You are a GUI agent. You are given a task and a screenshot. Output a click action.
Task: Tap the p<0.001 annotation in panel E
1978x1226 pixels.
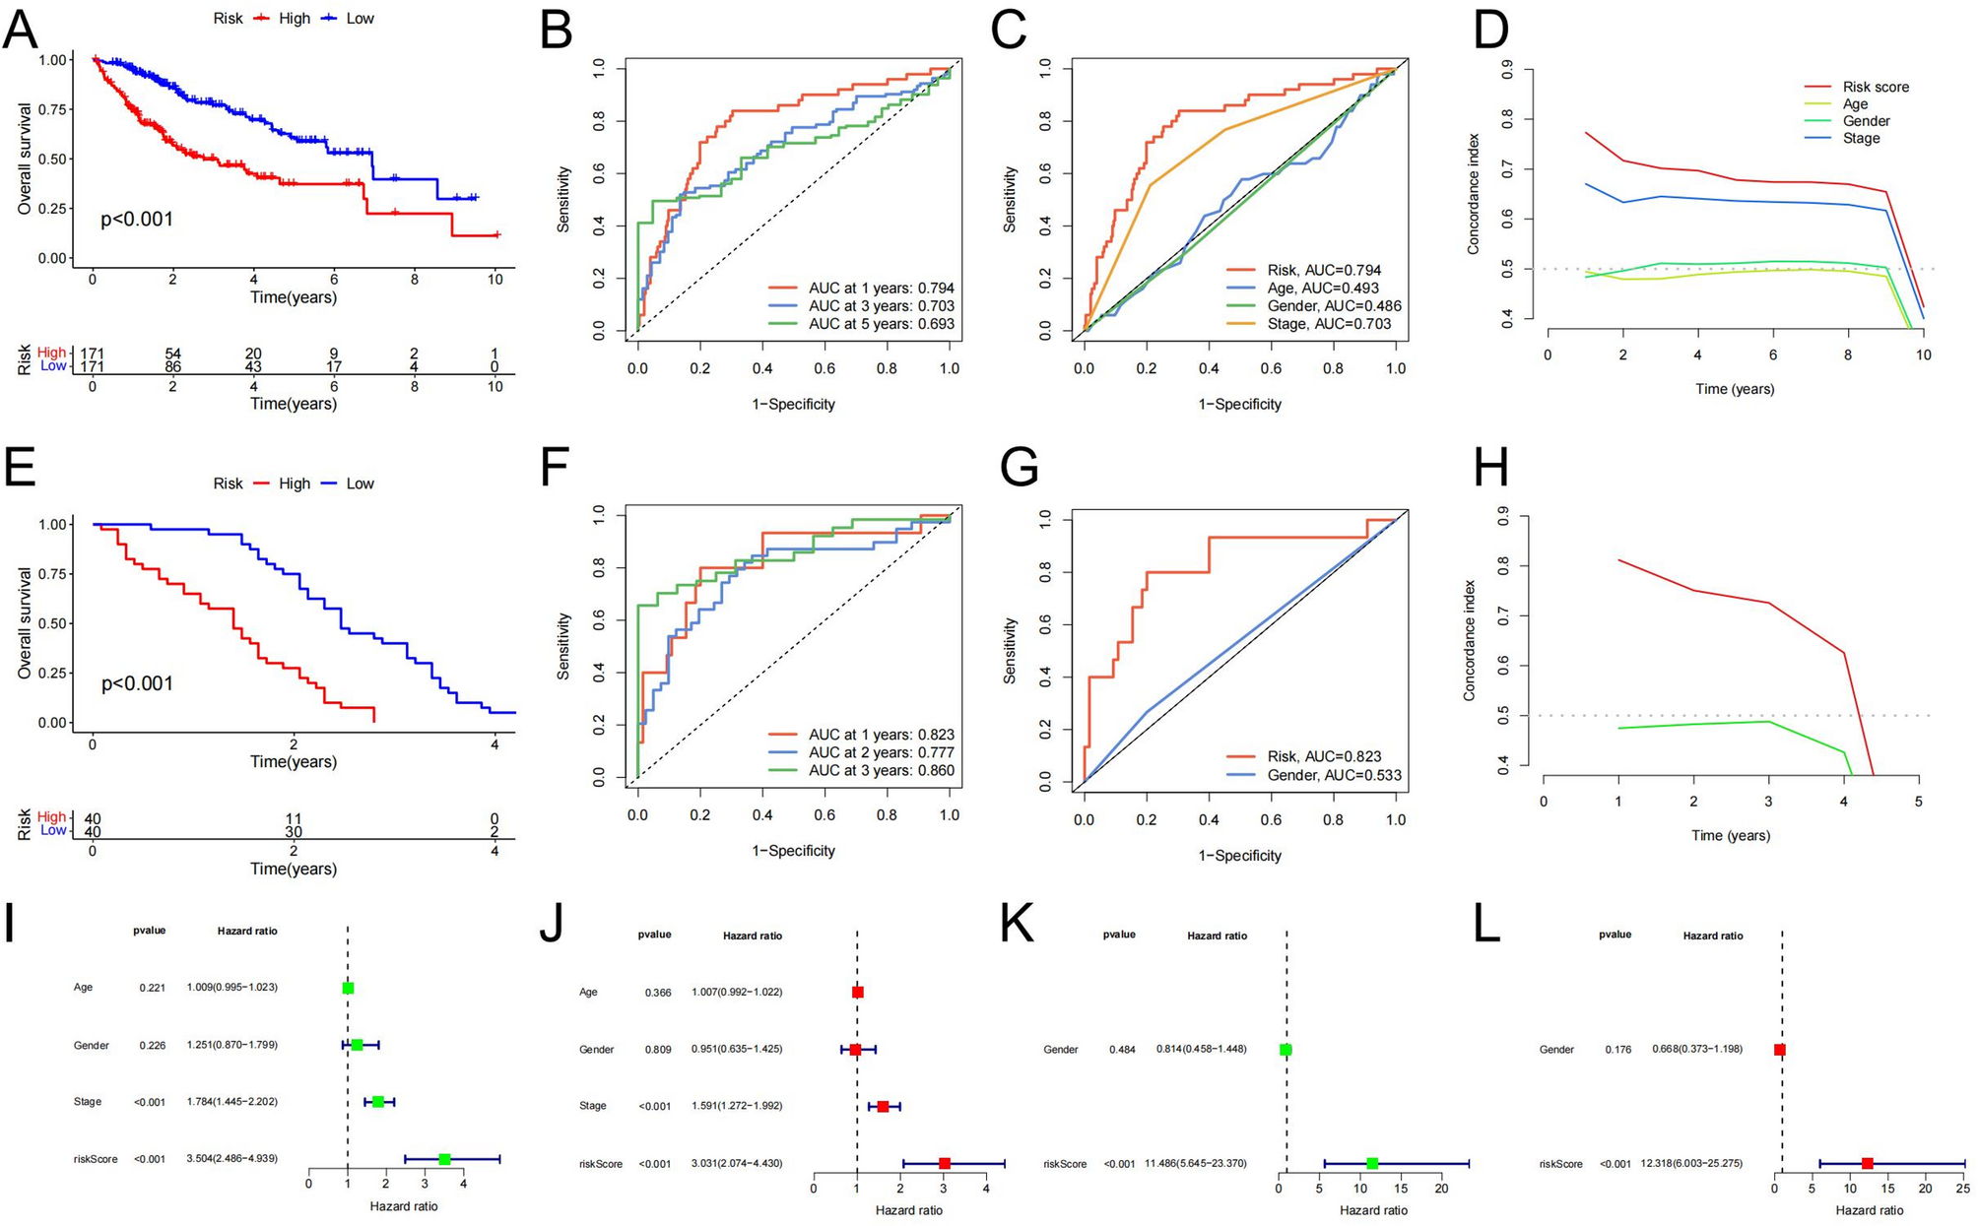point(137,683)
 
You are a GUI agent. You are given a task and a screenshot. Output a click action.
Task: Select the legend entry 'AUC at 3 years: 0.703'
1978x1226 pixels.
point(881,306)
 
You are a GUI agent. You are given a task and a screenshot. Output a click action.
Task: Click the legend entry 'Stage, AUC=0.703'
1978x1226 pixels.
point(1329,323)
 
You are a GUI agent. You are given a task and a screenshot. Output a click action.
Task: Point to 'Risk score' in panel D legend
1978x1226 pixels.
point(1876,87)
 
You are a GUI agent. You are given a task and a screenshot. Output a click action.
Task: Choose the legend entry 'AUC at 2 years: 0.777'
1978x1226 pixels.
point(881,752)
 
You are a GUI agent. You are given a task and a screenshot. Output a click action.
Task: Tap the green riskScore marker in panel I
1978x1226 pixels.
point(444,1159)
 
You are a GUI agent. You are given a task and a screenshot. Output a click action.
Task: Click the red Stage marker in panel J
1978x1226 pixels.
point(883,1106)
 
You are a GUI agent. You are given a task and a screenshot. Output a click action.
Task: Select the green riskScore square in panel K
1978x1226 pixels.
point(1372,1163)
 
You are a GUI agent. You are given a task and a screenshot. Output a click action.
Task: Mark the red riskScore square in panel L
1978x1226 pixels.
point(1867,1163)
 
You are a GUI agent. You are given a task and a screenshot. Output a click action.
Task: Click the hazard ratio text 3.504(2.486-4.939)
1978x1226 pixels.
point(232,1158)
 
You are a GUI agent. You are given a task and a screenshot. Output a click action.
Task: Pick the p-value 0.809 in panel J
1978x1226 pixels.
point(658,1049)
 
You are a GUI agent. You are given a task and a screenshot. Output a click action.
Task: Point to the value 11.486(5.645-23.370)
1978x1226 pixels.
point(1202,1163)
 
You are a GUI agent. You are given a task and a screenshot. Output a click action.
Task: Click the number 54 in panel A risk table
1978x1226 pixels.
point(172,354)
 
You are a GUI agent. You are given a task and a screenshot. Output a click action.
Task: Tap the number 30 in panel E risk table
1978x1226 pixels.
point(294,832)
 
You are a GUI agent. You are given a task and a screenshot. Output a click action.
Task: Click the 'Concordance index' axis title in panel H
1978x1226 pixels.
point(1470,640)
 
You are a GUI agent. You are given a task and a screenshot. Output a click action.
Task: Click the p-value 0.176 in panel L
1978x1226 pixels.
point(1617,1049)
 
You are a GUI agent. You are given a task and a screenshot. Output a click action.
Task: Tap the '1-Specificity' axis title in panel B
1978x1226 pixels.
point(793,404)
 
